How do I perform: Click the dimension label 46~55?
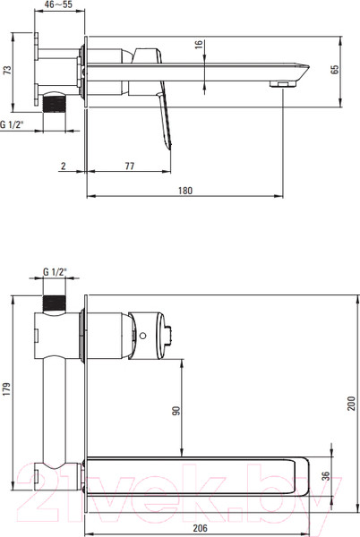pos(58,4)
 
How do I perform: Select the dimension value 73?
pos(7,70)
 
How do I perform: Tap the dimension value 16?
pos(199,45)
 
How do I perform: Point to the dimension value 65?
pos(335,69)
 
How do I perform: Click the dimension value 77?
pos(130,166)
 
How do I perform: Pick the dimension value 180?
pos(185,191)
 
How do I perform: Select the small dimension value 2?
pos(64,166)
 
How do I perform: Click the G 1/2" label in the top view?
pos(12,124)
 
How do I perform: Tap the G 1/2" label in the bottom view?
pos(55,272)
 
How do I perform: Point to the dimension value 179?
pos(7,389)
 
